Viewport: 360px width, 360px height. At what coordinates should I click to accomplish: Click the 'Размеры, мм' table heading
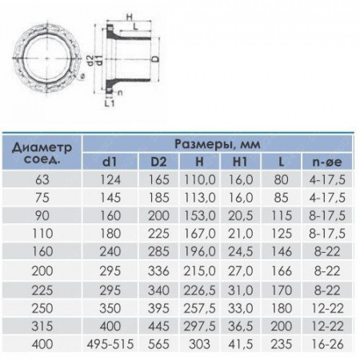[217, 144]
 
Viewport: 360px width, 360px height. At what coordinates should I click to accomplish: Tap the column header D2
[158, 162]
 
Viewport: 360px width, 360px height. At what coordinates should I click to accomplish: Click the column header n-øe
[327, 162]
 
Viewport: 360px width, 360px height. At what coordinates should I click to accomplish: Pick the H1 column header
[240, 162]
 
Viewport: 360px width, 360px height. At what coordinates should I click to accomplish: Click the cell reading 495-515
[110, 344]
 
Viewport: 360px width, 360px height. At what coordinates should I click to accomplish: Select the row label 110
[42, 234]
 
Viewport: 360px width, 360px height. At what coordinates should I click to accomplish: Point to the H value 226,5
[199, 290]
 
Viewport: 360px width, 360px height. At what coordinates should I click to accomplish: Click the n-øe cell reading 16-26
[327, 344]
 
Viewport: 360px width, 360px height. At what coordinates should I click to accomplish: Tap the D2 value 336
[158, 271]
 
